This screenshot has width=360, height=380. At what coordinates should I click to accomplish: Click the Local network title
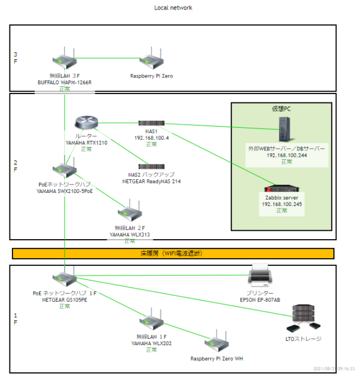click(x=173, y=8)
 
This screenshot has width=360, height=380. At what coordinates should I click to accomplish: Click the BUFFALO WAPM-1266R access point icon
click(x=64, y=62)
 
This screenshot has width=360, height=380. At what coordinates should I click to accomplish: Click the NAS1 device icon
click(x=151, y=123)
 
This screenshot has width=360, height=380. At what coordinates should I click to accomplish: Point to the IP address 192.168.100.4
click(x=151, y=138)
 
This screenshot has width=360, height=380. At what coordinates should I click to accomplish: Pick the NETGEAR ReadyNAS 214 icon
click(x=151, y=166)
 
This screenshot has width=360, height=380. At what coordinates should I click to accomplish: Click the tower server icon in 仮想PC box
click(x=287, y=131)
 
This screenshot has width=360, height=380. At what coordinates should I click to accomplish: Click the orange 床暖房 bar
click(x=173, y=254)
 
